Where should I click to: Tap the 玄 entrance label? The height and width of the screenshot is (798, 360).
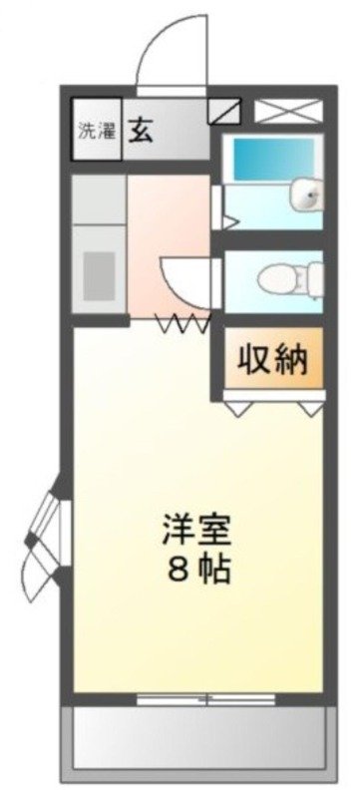click(140, 131)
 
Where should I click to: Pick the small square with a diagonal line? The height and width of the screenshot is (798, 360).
click(224, 109)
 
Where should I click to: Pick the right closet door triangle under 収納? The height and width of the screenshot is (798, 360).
click(312, 406)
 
